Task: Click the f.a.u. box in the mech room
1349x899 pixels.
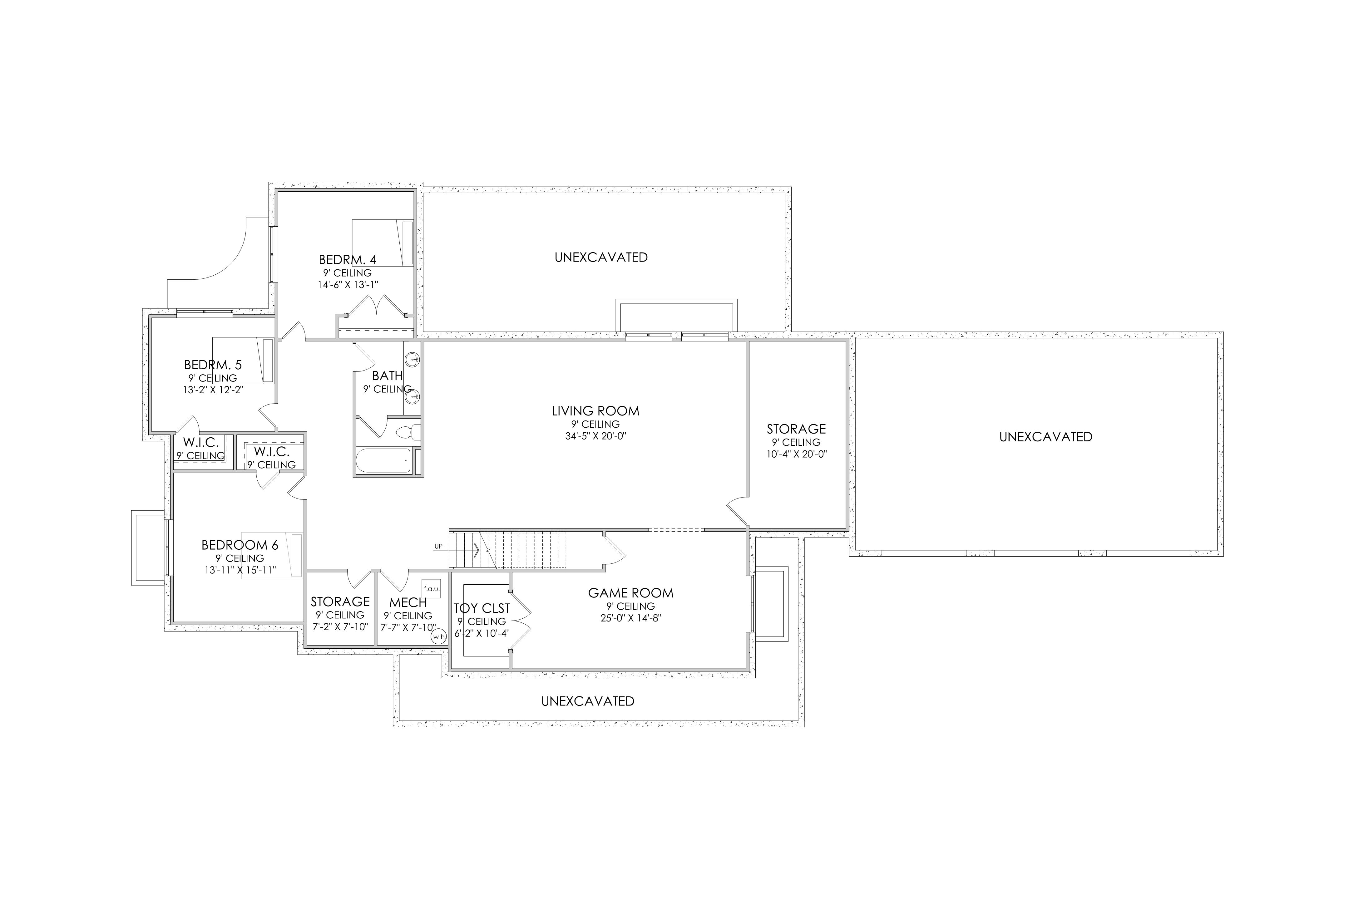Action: [x=431, y=589]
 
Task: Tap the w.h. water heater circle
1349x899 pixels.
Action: [x=439, y=636]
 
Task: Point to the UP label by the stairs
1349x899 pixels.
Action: [x=438, y=546]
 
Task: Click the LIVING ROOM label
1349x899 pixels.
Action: [x=595, y=411]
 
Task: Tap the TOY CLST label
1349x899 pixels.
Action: [x=482, y=608]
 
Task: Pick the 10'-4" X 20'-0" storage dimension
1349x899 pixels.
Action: [x=797, y=454]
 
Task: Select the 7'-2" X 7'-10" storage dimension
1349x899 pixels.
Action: [x=340, y=627]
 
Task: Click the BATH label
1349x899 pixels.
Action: [x=388, y=376]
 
